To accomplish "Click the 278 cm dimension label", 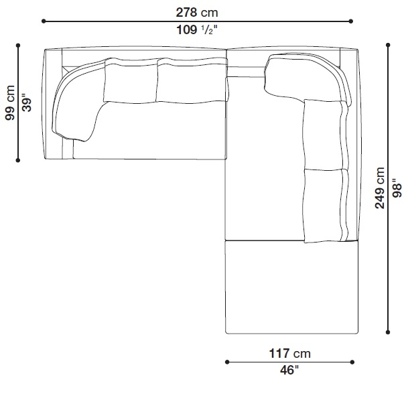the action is click(197, 12).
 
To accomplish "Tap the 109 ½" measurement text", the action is click(197, 30).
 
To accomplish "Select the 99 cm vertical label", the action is click(10, 103).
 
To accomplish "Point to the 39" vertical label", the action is click(27, 103).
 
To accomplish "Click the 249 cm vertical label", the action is click(380, 188).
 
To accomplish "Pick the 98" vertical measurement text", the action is click(397, 188).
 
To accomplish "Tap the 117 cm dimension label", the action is click(290, 353).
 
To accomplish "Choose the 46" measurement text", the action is click(289, 371).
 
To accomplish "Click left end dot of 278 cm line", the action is click(44, 21).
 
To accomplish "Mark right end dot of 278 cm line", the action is click(350, 21).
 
